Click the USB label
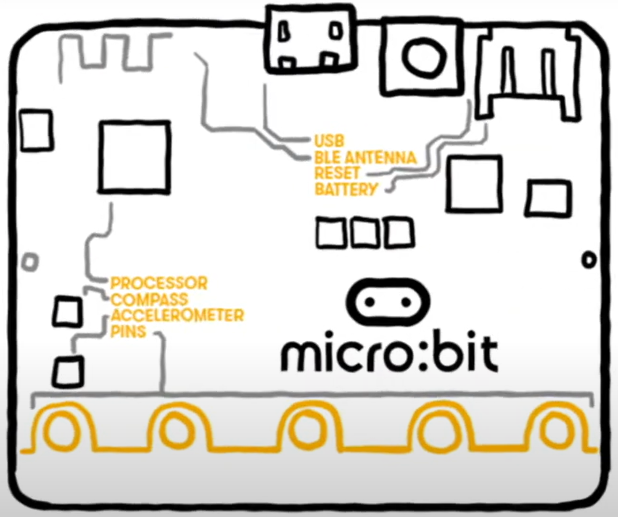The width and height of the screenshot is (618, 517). tap(329, 141)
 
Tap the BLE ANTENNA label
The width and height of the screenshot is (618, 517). tap(365, 158)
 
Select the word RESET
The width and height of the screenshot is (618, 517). tap(337, 173)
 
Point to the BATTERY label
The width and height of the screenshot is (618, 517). tap(346, 189)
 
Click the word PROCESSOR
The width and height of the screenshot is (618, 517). tap(159, 283)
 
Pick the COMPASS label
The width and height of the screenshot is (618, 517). tap(149, 299)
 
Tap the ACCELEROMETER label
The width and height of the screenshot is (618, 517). tap(177, 315)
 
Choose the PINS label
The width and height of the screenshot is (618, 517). tap(128, 331)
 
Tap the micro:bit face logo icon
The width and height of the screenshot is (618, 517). tap(388, 302)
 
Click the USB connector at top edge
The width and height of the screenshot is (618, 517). tap(310, 40)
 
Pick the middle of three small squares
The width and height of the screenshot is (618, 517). tap(364, 232)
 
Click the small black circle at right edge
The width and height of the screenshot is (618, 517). tap(589, 260)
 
